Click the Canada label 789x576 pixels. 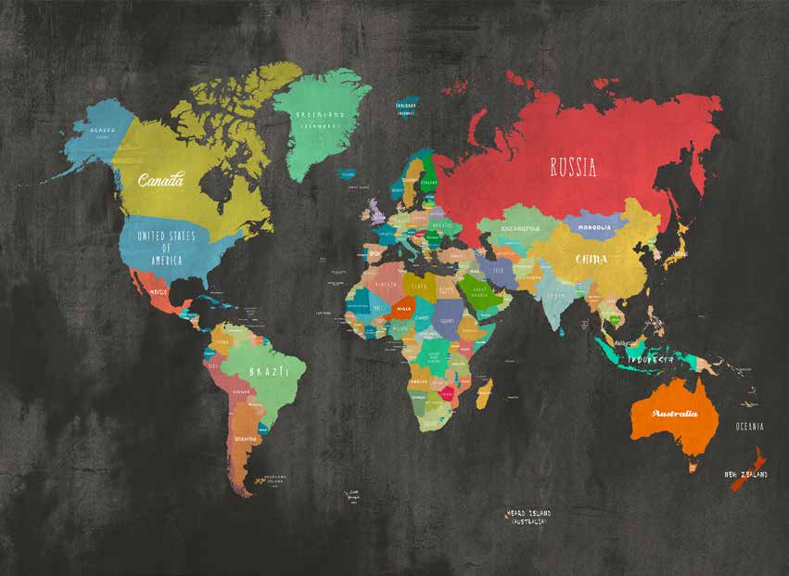pyautogui.click(x=160, y=179)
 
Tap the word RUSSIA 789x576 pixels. pyautogui.click(x=573, y=168)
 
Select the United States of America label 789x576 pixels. pyautogui.click(x=167, y=242)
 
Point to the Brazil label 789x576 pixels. pyautogui.click(x=263, y=372)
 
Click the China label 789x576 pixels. pyautogui.click(x=592, y=259)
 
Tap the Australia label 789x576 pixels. pyautogui.click(x=674, y=413)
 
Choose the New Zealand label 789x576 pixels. pyautogui.click(x=746, y=475)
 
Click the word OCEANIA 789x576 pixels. pyautogui.click(x=750, y=427)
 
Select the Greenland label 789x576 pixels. pyautogui.click(x=320, y=119)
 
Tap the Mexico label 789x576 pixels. pyautogui.click(x=159, y=290)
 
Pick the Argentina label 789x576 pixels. pyautogui.click(x=246, y=438)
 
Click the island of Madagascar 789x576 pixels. pyautogui.click(x=484, y=393)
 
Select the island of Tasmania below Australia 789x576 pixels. pyautogui.click(x=693, y=467)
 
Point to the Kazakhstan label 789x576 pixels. pyautogui.click(x=520, y=228)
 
